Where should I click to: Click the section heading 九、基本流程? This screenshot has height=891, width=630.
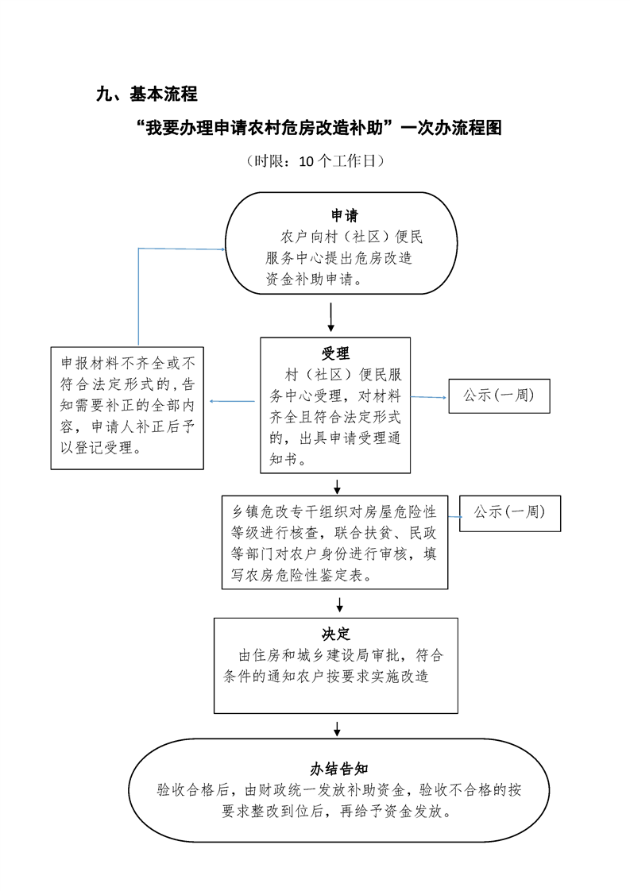click(146, 94)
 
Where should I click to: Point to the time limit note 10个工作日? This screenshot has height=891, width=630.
click(315, 161)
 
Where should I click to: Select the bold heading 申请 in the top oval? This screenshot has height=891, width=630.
click(344, 216)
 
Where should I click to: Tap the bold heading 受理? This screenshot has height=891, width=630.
click(335, 353)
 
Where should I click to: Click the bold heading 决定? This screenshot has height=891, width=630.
click(336, 634)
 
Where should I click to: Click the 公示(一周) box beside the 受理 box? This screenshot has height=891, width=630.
click(499, 395)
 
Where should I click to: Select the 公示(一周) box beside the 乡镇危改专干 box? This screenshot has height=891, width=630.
click(509, 513)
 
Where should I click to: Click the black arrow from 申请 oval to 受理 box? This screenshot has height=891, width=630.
click(331, 318)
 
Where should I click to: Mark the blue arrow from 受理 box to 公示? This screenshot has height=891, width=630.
click(429, 396)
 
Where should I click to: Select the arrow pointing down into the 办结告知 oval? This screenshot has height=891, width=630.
click(338, 727)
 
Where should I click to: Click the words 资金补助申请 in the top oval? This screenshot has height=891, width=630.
click(313, 280)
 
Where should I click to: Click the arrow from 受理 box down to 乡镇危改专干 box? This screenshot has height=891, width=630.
click(338, 486)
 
